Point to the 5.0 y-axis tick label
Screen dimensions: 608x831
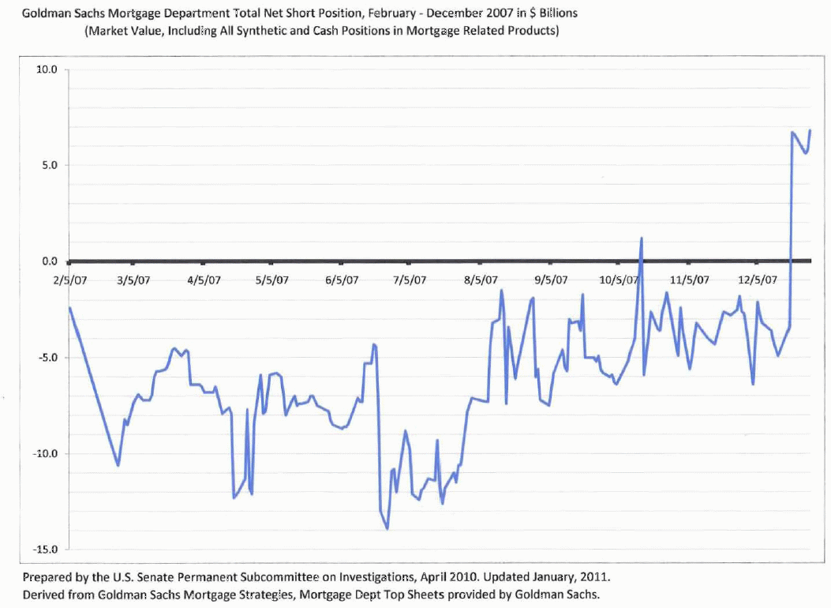[50, 165]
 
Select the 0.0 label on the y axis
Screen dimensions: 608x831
[50, 261]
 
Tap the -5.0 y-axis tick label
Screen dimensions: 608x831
[48, 358]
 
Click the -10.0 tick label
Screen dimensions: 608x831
[46, 454]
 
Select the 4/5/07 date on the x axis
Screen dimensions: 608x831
[204, 280]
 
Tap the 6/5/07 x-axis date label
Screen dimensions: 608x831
[342, 280]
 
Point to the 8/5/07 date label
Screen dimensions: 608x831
[481, 280]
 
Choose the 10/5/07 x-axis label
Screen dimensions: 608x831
[619, 280]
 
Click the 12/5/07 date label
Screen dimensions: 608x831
[758, 280]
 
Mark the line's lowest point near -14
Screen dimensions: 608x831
[387, 528]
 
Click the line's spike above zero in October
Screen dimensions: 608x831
[642, 238]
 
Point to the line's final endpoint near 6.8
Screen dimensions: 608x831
[810, 130]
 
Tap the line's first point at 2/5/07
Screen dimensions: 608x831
[69, 308]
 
